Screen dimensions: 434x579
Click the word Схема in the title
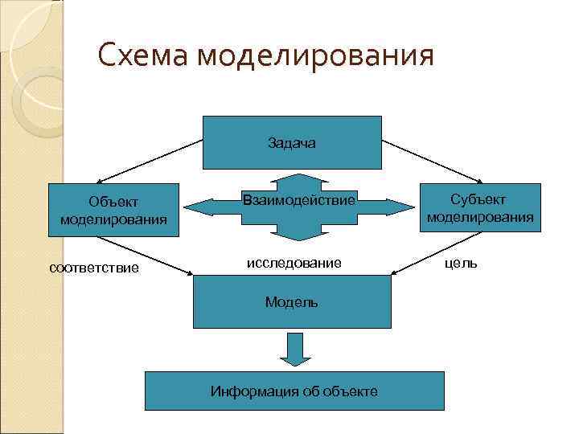click(142, 57)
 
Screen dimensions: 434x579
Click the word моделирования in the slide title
click(314, 57)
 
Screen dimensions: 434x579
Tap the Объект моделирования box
click(113, 211)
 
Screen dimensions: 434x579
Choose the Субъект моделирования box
click(479, 207)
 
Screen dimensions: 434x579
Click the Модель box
click(291, 301)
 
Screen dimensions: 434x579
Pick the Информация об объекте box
click(294, 391)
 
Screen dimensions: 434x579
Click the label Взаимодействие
click(298, 200)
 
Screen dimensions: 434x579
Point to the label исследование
click(293, 263)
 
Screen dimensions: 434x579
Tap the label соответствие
click(94, 267)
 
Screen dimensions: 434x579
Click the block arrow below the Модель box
click(294, 348)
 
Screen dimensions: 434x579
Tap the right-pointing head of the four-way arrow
click(398, 206)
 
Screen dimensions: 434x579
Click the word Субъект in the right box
click(479, 199)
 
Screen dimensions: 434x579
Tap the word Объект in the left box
click(113, 203)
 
